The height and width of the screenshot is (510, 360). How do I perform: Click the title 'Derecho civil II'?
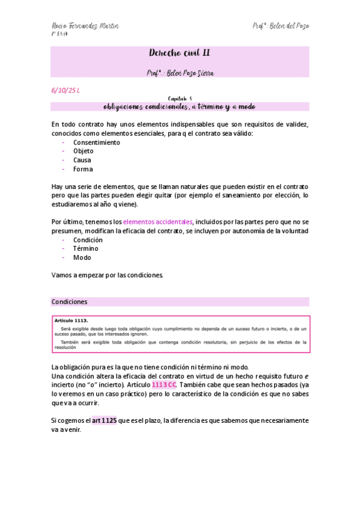point(179,54)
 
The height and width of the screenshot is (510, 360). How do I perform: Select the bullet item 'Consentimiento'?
point(96,143)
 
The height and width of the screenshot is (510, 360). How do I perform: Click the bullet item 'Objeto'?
point(83,152)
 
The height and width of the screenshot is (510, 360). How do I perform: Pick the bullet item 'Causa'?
point(82,161)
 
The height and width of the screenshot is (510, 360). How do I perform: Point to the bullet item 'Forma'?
point(83,170)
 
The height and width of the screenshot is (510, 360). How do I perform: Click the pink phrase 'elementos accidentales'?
point(162,222)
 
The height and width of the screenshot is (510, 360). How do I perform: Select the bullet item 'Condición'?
point(87,240)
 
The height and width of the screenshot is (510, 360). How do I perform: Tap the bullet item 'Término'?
point(85,248)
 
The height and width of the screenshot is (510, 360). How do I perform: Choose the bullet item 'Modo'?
point(82,257)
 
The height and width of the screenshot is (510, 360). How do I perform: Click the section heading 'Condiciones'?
point(70,302)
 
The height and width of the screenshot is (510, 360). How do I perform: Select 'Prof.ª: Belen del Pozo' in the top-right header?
point(281,26)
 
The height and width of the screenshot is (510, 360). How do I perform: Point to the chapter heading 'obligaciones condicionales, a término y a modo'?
point(179,106)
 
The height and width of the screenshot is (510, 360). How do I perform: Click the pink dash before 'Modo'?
point(63,257)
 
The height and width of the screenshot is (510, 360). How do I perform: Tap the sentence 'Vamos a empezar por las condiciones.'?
point(108,275)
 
